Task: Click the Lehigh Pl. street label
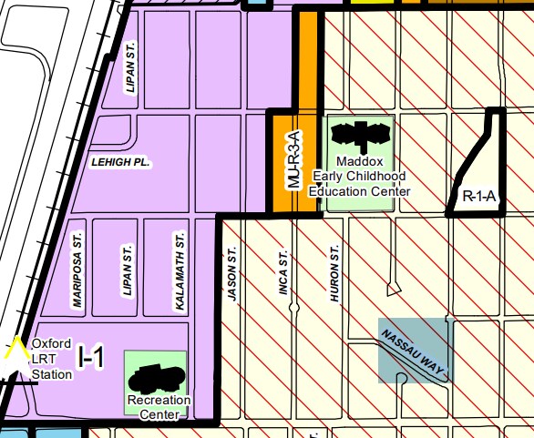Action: click(x=120, y=162)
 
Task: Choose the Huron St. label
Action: click(x=334, y=272)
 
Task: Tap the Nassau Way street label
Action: click(x=414, y=349)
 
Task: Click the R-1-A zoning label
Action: click(x=478, y=195)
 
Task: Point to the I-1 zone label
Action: click(x=91, y=358)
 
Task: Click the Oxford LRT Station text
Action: click(x=51, y=359)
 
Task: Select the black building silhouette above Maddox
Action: click(x=359, y=136)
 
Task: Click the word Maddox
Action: click(x=360, y=160)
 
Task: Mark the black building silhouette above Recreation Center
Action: click(x=158, y=375)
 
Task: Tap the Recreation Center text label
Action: click(x=159, y=406)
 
